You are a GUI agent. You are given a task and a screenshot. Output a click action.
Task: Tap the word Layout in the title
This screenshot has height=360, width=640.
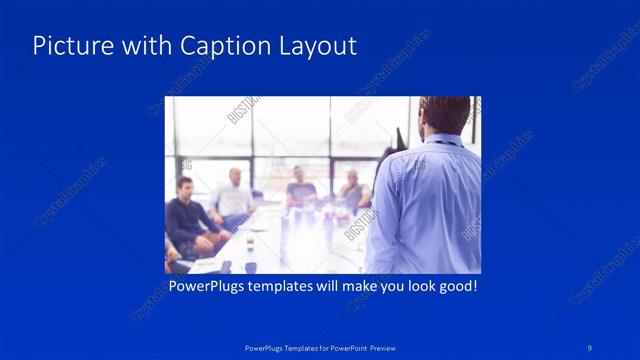(314, 46)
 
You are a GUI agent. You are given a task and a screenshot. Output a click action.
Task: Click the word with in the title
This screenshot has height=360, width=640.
(145, 46)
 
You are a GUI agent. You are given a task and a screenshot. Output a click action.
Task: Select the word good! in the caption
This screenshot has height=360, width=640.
(455, 287)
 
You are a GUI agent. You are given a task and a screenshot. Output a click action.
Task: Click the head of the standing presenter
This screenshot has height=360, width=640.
(444, 114)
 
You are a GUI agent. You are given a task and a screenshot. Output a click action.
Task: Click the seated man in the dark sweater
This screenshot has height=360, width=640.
(187, 215)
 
